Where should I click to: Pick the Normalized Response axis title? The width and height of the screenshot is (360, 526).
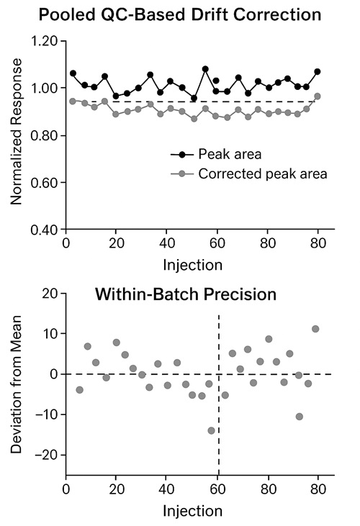point(17,136)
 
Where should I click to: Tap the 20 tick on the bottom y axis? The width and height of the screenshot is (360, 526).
point(50,294)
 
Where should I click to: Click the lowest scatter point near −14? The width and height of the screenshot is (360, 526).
point(211,430)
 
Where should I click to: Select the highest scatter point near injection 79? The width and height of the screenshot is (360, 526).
point(315,329)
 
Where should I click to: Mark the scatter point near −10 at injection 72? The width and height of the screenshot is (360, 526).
point(300,417)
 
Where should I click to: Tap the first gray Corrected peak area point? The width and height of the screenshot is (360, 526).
point(73,101)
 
